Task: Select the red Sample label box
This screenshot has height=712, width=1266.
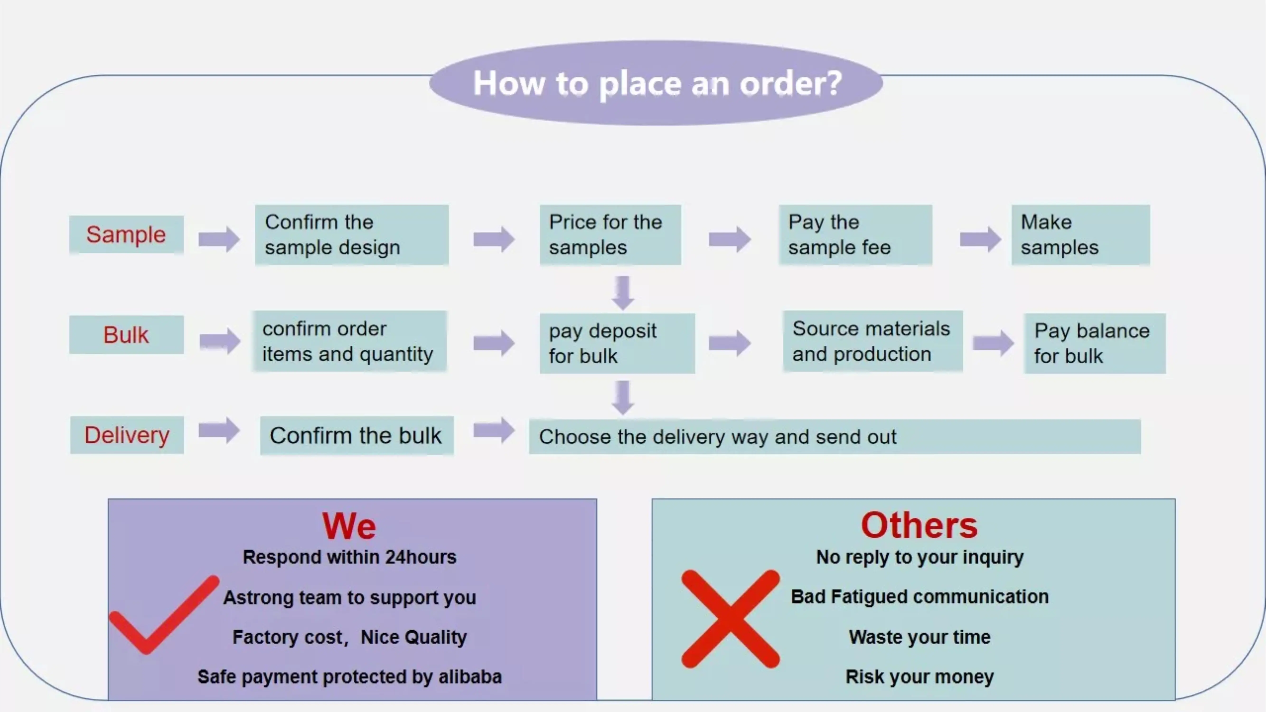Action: (126, 234)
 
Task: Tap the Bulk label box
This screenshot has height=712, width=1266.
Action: (126, 335)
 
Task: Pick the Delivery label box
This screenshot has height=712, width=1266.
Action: (127, 435)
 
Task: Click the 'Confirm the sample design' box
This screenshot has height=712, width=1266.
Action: (352, 235)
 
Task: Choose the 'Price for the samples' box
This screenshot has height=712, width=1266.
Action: (610, 235)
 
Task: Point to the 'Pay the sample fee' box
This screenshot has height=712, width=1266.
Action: (855, 235)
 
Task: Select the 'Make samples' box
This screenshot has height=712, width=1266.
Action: (1080, 235)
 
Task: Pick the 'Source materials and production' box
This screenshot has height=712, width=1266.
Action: (872, 341)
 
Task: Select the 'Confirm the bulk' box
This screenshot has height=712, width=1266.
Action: (356, 435)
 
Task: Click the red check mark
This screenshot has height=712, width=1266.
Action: (162, 617)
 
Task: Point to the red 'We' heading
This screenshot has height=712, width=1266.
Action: (349, 526)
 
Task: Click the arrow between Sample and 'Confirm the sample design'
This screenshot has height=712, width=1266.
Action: (219, 239)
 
